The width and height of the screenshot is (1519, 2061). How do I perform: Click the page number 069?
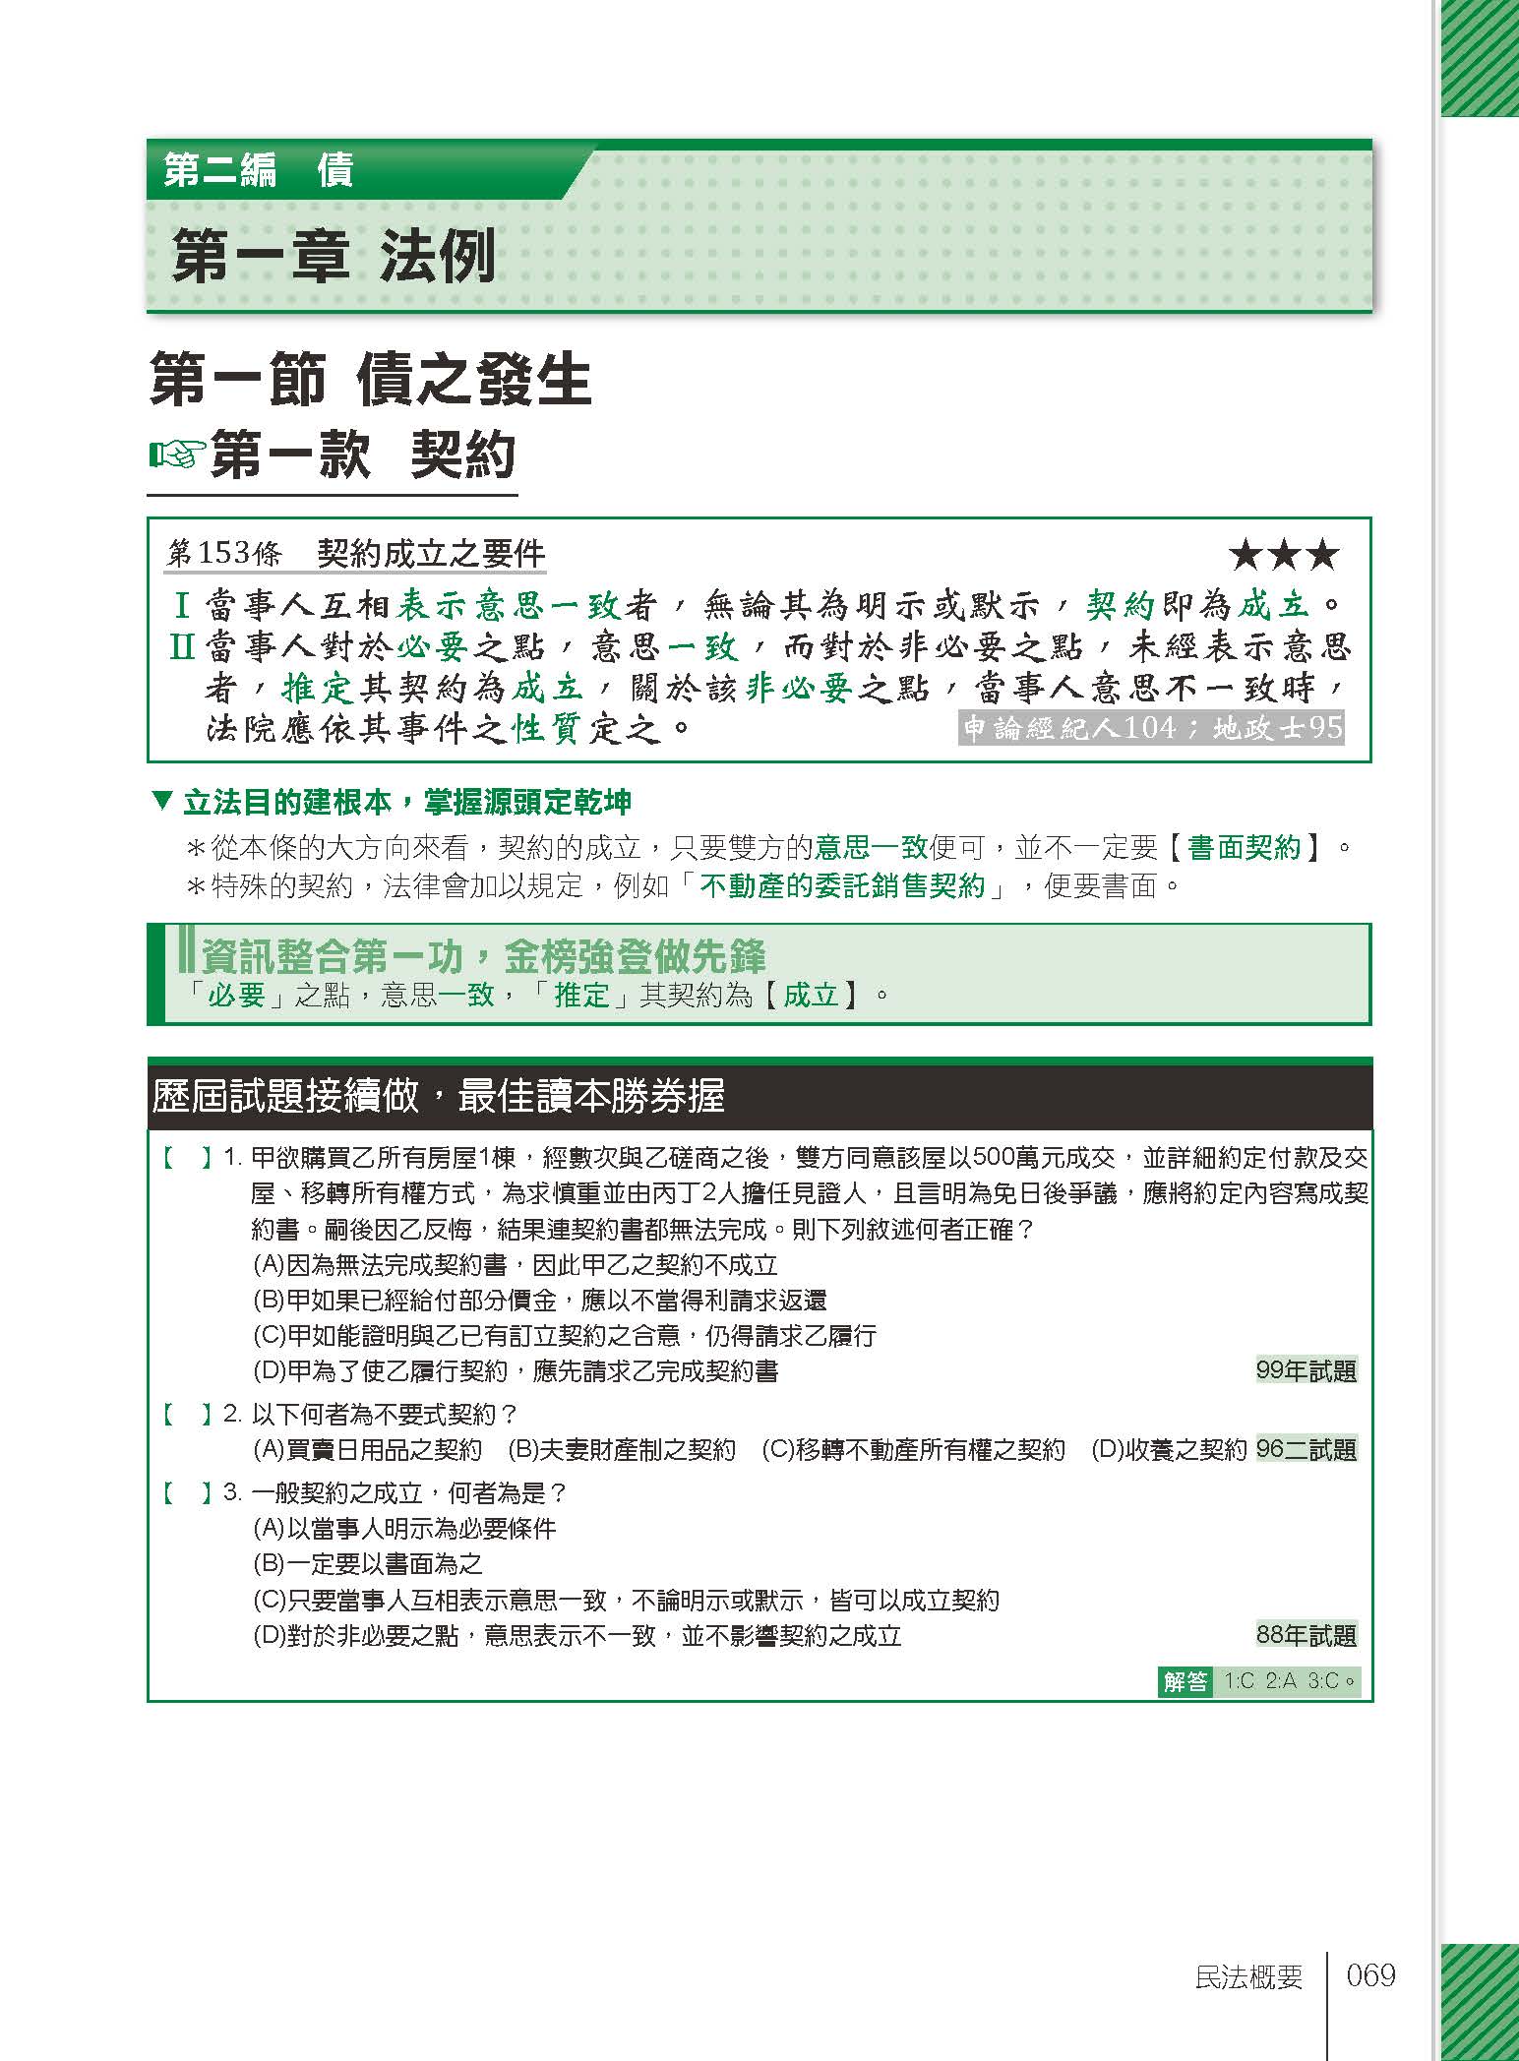click(x=1370, y=1974)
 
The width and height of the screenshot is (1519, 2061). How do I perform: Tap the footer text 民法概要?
click(x=1247, y=1976)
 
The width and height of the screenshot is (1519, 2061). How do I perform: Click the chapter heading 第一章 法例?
click(x=334, y=258)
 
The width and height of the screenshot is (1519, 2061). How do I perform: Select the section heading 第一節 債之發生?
click(x=370, y=381)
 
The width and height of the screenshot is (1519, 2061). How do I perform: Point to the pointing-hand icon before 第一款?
click(x=177, y=455)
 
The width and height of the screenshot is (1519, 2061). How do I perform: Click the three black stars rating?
click(x=1284, y=556)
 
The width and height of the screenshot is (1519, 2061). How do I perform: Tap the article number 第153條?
click(x=223, y=554)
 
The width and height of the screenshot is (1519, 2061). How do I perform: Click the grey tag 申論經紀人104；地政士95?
click(x=1151, y=728)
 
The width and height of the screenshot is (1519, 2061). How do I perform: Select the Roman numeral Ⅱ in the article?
click(x=182, y=646)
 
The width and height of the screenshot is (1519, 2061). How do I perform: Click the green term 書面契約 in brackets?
click(x=1244, y=847)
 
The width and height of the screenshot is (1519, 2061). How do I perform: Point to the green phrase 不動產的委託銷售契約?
click(x=841, y=886)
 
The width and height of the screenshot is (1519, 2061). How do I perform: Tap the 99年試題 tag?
click(x=1306, y=1370)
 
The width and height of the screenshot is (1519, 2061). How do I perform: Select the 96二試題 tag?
click(x=1306, y=1449)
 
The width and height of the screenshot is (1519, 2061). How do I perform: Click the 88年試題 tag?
click(x=1306, y=1635)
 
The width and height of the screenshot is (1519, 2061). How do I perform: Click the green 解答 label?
click(x=1185, y=1681)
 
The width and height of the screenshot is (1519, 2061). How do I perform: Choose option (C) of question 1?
click(x=564, y=1336)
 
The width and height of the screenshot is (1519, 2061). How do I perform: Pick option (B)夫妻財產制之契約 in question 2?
click(x=621, y=1449)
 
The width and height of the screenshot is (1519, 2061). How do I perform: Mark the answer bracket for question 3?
click(x=187, y=1492)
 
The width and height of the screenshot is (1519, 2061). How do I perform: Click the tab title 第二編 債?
click(x=259, y=170)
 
